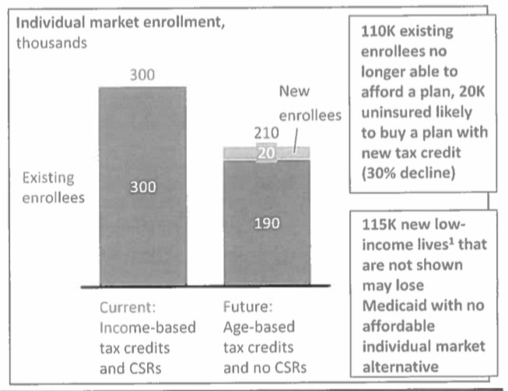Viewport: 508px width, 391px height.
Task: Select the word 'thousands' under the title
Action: pyautogui.click(x=51, y=41)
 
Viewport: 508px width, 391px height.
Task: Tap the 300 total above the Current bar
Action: pyautogui.click(x=142, y=75)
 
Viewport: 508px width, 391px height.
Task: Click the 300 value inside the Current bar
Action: pyautogui.click(x=142, y=187)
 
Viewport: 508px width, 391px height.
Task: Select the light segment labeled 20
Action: pyautogui.click(x=267, y=153)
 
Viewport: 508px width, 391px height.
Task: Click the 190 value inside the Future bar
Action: pyautogui.click(x=267, y=224)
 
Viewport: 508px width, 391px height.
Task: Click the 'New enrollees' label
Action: pyautogui.click(x=310, y=104)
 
